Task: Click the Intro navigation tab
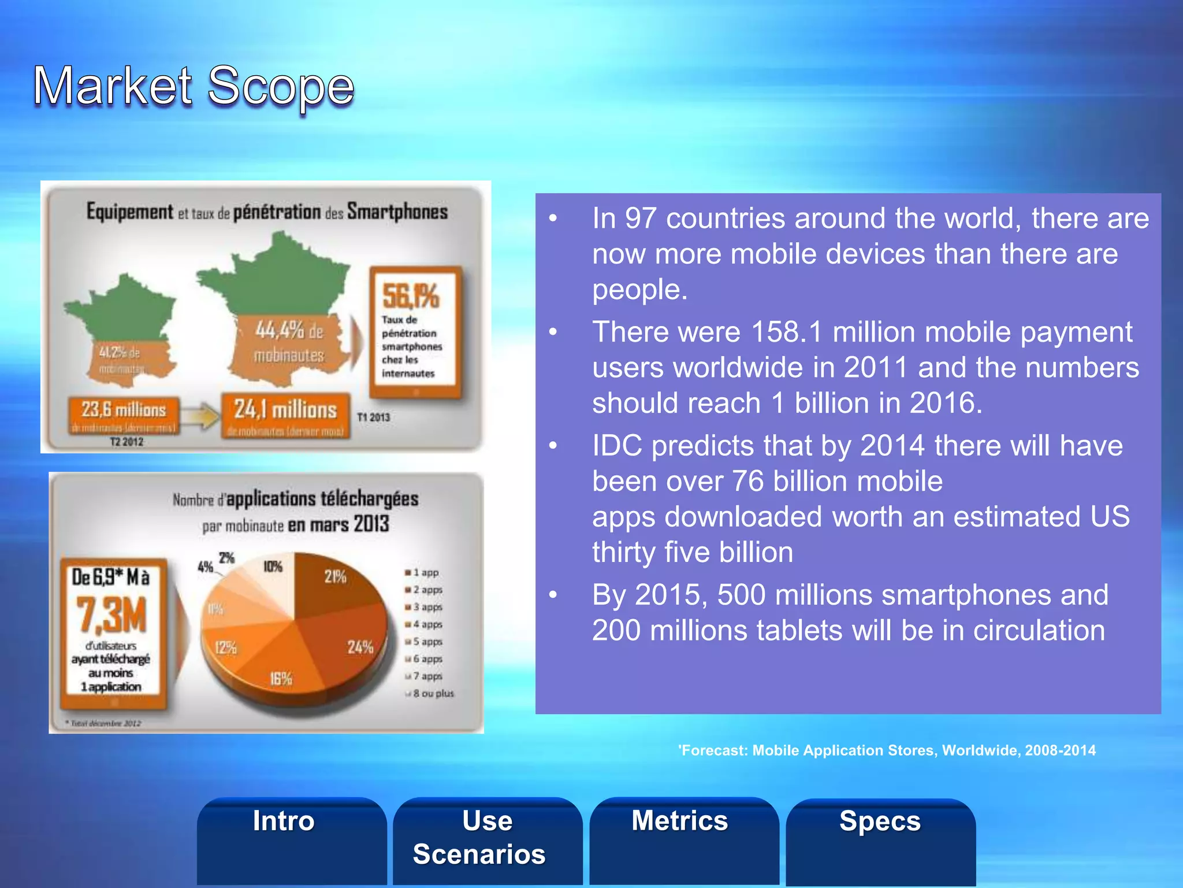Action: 284,822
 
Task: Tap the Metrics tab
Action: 680,821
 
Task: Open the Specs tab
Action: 880,822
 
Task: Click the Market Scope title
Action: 194,87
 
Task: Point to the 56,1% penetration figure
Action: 411,296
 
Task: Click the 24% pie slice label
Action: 360,647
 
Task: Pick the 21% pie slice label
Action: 335,576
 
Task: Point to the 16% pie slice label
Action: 281,679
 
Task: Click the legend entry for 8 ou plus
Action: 432,693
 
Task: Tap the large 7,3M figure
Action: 111,615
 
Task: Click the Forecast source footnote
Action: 887,750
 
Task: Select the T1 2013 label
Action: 373,417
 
